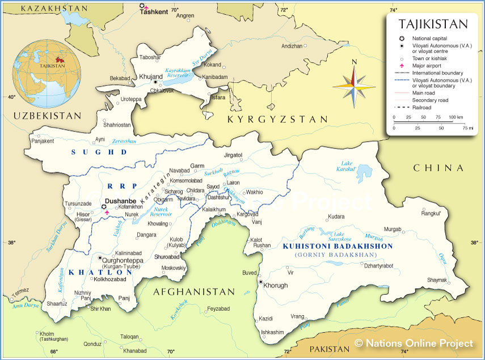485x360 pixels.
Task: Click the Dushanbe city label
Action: click(x=120, y=200)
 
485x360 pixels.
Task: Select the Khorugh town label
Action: click(x=276, y=285)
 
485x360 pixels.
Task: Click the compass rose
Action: click(x=353, y=86)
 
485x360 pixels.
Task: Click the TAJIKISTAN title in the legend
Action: click(x=433, y=24)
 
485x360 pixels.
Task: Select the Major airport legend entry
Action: click(x=429, y=66)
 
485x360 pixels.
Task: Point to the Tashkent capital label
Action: click(x=154, y=11)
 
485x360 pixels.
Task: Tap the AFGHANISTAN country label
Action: click(x=193, y=291)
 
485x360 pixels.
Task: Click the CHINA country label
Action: click(x=438, y=168)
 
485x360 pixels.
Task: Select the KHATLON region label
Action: click(x=100, y=272)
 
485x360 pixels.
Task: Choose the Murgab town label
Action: click(x=393, y=228)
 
